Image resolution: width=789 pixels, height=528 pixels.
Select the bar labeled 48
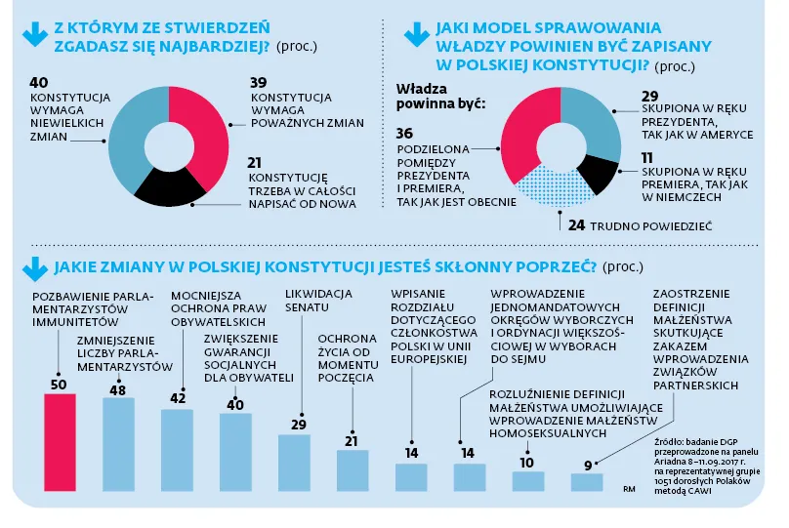(x=118, y=444)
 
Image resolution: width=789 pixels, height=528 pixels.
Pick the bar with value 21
(x=353, y=469)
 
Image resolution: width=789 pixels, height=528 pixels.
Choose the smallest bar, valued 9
(x=587, y=481)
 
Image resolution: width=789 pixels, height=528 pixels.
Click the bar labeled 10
(x=528, y=480)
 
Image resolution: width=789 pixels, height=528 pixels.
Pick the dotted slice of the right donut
(x=542, y=187)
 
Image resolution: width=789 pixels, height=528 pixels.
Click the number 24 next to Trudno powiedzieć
(x=577, y=225)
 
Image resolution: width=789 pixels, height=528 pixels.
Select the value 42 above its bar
(x=177, y=398)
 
